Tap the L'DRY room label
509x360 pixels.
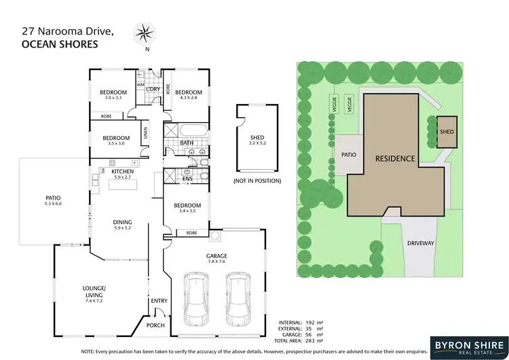point(153,89)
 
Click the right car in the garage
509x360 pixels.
point(238,298)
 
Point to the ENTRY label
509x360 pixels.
point(159,300)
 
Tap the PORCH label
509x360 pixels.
point(155,325)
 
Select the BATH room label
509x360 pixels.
point(187,143)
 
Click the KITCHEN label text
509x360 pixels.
point(122,171)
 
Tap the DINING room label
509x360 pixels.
point(122,222)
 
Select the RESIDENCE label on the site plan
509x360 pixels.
point(395,158)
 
